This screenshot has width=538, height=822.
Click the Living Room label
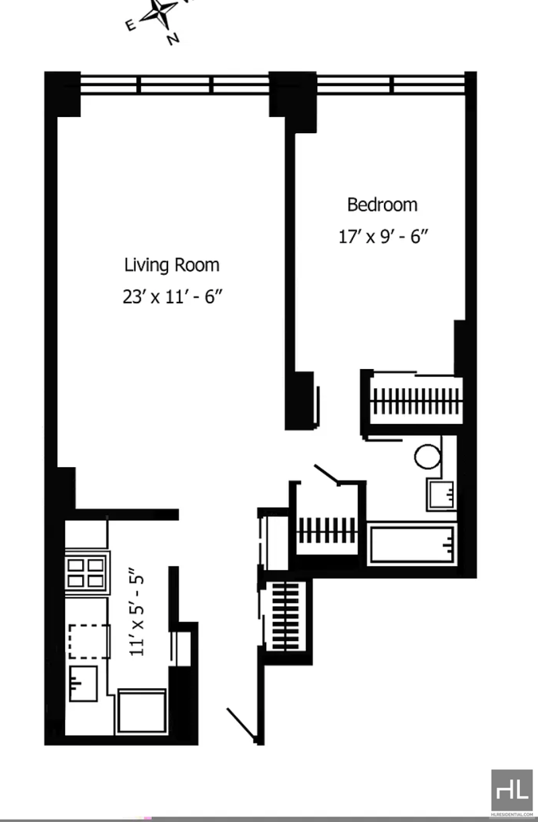(x=172, y=265)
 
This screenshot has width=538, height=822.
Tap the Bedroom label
(x=382, y=205)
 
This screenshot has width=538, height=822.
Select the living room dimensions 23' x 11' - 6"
(x=173, y=296)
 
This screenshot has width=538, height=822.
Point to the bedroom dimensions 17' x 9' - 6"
(x=383, y=237)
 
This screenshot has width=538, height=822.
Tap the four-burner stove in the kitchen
(x=87, y=573)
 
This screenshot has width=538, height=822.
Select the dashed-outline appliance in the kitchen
(x=89, y=641)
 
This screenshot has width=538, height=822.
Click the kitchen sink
(x=83, y=684)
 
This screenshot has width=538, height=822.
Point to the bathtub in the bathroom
(x=412, y=544)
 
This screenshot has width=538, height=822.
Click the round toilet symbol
(x=428, y=456)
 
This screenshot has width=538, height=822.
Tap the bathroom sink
(x=440, y=494)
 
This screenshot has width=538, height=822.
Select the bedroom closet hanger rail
(x=416, y=401)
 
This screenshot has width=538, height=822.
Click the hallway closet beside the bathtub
(x=326, y=530)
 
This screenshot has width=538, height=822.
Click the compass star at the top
(x=160, y=13)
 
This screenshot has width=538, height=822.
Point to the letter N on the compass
(x=174, y=38)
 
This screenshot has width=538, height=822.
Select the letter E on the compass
(x=130, y=26)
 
